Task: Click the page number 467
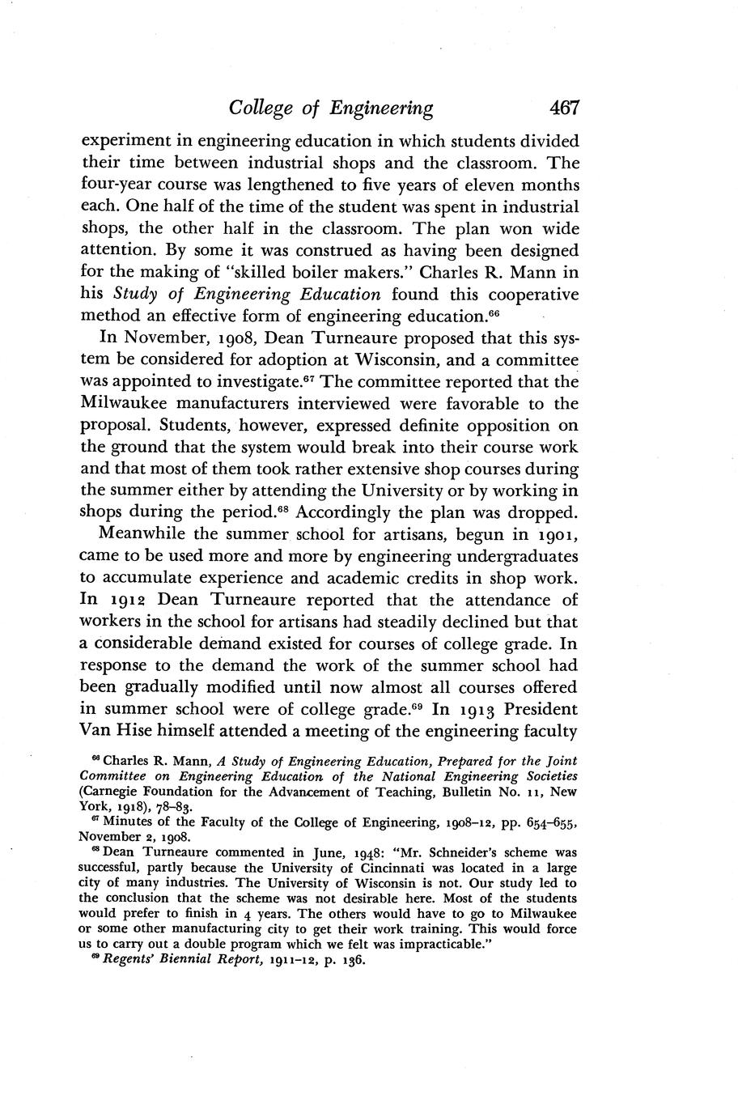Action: click(x=563, y=107)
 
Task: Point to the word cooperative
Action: click(x=528, y=292)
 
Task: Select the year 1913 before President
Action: click(x=484, y=709)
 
